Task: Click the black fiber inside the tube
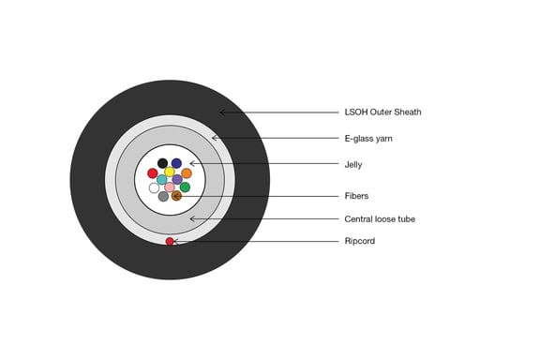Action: pos(162,163)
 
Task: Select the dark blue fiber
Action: pos(176,163)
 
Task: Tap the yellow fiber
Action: pos(170,172)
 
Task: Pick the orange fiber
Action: pos(187,173)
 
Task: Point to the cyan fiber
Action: pos(162,179)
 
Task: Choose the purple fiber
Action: pos(177,179)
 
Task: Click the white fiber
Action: pos(154,188)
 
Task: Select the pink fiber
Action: pos(170,187)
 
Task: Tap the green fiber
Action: pos(185,187)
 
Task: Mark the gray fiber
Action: pos(163,196)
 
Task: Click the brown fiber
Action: pos(176,196)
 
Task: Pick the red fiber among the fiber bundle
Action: pos(153,173)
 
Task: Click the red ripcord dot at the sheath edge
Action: pos(170,242)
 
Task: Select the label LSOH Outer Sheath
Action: pos(382,112)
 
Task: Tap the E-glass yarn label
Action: pos(368,139)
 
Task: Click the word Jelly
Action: pos(353,165)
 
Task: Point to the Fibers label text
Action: pos(356,196)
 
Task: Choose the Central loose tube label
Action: pos(380,219)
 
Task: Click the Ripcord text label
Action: pos(360,241)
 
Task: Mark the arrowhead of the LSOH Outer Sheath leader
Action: pos(220,112)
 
